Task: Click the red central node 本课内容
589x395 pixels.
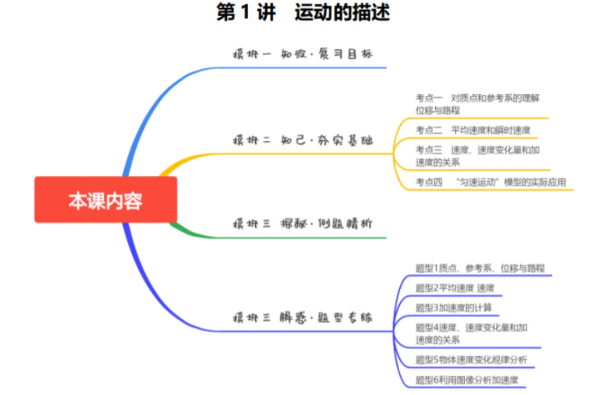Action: point(105,200)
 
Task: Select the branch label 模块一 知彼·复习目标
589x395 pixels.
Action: point(302,55)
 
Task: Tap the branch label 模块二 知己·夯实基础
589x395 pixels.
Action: point(302,140)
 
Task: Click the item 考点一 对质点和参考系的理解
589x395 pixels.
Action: point(478,104)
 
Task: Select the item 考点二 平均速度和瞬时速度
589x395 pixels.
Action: point(473,130)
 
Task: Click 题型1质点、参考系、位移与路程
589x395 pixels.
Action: point(480,268)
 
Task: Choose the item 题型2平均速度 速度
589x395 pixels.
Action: point(455,288)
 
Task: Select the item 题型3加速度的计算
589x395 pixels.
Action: point(453,308)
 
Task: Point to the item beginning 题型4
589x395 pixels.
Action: point(471,333)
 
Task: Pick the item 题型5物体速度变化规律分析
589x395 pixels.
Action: point(471,360)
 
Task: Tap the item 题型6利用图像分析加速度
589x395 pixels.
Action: point(466,380)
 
